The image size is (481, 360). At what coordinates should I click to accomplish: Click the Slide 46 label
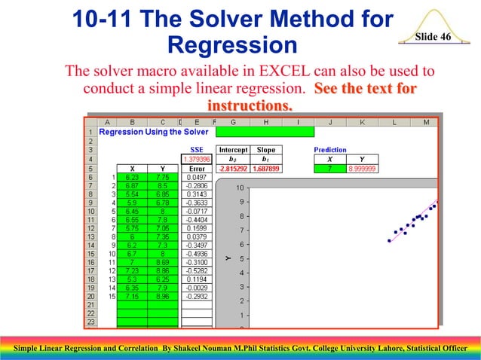[433, 37]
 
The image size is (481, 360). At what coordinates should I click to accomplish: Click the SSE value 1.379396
[197, 159]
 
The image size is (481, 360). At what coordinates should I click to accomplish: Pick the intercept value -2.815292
[234, 169]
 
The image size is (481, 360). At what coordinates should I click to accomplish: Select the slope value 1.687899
[265, 169]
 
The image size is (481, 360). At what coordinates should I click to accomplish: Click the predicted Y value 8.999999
[363, 169]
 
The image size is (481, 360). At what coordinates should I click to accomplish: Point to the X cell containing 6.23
[133, 178]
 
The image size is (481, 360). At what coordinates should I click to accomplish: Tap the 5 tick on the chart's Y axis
[240, 259]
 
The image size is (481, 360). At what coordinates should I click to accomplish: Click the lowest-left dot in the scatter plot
[389, 240]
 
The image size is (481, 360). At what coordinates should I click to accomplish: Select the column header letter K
[363, 121]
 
